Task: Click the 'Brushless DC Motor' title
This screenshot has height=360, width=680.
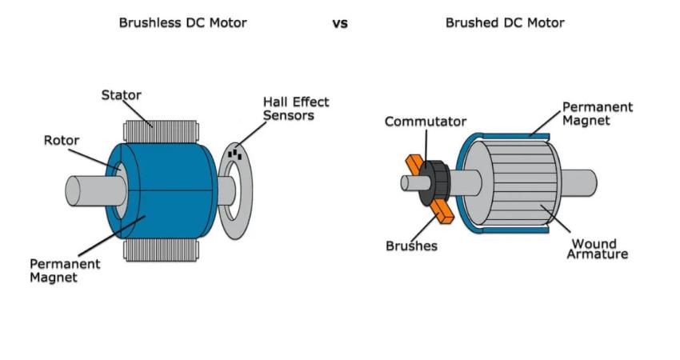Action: pyautogui.click(x=182, y=23)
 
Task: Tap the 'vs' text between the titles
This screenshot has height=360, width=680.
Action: pyautogui.click(x=340, y=24)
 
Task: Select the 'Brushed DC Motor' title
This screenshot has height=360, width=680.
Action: pyautogui.click(x=504, y=23)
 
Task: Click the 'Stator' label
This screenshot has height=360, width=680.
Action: pyautogui.click(x=121, y=95)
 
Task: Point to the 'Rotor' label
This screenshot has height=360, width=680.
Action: pyautogui.click(x=62, y=141)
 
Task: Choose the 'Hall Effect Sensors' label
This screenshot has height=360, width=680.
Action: pyautogui.click(x=296, y=109)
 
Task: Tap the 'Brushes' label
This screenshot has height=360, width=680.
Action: pyautogui.click(x=411, y=246)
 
